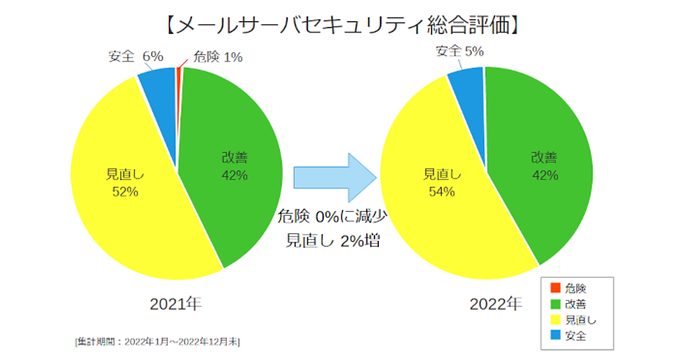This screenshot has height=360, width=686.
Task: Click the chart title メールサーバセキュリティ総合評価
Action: coord(343,25)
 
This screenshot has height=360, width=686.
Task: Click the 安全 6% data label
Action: coord(135,56)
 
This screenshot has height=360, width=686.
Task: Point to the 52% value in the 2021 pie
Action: coord(125,192)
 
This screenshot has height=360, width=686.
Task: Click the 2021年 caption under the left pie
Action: coord(176,305)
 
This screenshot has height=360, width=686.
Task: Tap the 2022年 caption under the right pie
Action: coord(496,305)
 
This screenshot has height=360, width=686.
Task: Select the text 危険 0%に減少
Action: coord(334,216)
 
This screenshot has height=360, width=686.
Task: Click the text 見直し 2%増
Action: coord(333,241)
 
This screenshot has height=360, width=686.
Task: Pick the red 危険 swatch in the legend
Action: coord(554,289)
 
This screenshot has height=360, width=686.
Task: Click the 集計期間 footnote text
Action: coord(157,342)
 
